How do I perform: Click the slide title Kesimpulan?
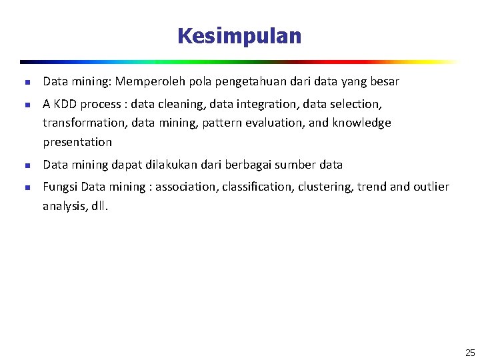click(239, 36)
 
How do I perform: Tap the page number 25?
click(470, 353)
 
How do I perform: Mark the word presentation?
click(77, 142)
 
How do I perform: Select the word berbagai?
click(253, 165)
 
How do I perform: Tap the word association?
click(187, 187)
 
